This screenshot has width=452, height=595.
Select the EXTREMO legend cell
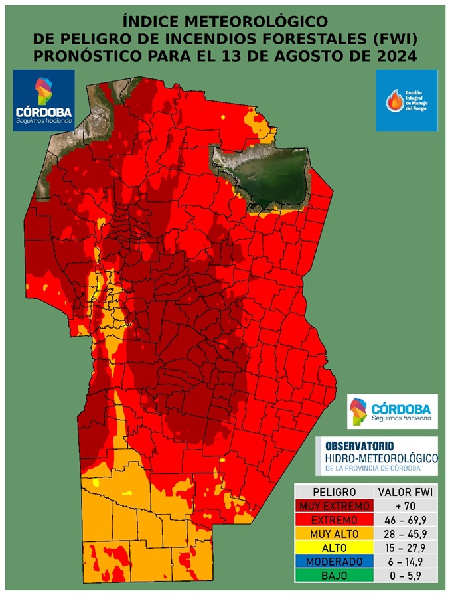(x=333, y=520)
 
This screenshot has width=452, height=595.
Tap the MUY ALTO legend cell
(x=333, y=534)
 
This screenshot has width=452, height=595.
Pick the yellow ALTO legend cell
(x=333, y=548)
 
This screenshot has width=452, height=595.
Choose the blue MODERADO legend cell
(x=333, y=562)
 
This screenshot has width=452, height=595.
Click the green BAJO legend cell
(x=333, y=575)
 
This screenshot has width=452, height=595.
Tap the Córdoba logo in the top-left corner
(x=44, y=100)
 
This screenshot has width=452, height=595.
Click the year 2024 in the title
(x=394, y=56)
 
